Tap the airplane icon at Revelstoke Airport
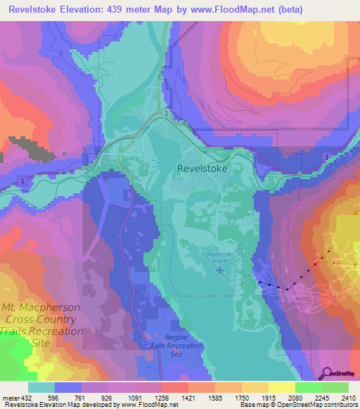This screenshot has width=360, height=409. pos(222,268)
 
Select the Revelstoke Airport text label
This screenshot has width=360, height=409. pos(223,256)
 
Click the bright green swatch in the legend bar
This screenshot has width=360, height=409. pos(309,386)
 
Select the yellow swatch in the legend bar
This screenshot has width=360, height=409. pos(282,386)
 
